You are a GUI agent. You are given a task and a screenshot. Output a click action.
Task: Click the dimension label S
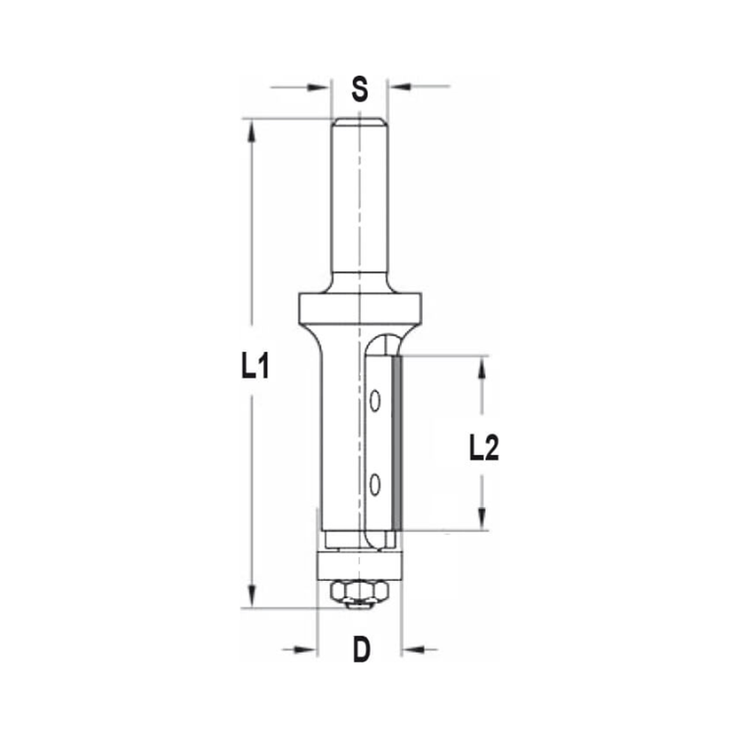[359, 89]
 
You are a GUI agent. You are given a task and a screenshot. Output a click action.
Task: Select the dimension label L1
[255, 367]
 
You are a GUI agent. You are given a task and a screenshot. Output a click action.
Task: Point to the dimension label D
[361, 650]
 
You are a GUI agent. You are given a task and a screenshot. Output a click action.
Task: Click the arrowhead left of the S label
[320, 88]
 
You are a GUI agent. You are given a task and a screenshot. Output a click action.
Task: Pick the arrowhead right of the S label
[399, 88]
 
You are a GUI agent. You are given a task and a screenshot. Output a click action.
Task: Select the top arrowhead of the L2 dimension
[482, 367]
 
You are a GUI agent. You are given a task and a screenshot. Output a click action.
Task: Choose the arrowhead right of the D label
[412, 650]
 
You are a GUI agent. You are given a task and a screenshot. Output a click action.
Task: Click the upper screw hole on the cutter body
[375, 401]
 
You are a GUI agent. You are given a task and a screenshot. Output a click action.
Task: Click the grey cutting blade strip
[397, 442]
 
